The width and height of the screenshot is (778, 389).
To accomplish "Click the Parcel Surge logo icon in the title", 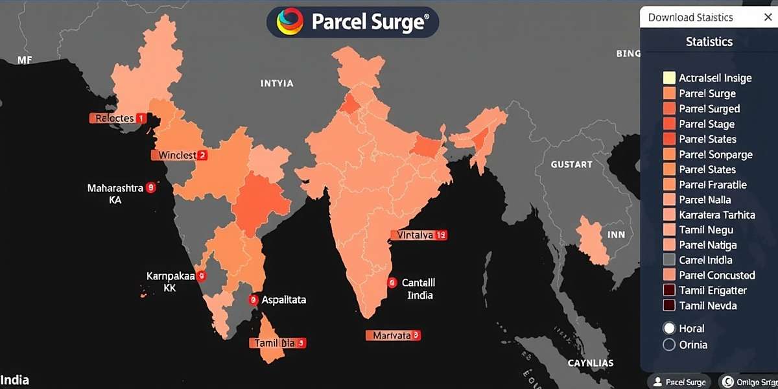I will (290, 21).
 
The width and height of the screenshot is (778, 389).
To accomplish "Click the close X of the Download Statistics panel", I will (768, 18).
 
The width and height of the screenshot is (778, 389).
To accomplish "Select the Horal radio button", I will (669, 328).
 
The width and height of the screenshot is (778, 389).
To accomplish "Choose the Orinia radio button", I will (669, 345).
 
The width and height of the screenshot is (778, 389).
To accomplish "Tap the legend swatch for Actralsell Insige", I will (669, 78).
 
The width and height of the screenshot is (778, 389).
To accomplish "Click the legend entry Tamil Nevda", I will (707, 305).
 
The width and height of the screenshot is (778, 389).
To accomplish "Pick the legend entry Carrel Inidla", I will (705, 260).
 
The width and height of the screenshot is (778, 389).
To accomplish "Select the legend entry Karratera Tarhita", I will (716, 215).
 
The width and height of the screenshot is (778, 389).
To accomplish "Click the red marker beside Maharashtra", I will (151, 187).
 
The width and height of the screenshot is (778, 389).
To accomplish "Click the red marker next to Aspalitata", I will (253, 300).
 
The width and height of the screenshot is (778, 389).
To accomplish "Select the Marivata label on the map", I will (393, 335).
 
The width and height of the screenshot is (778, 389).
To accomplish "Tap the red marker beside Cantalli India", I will (392, 283).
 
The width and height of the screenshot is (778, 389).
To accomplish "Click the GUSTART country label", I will (571, 165).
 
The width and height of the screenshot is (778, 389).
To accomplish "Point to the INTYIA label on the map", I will (277, 83).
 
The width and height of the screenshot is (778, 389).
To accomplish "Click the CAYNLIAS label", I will (590, 363).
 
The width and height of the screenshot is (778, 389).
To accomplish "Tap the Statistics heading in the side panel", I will (709, 41).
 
